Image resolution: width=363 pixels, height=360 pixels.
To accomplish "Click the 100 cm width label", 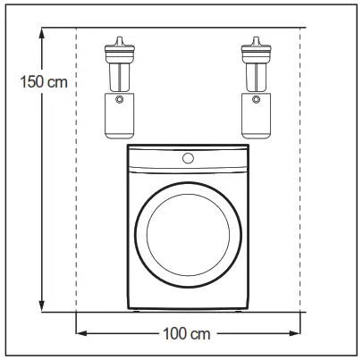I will [187, 335].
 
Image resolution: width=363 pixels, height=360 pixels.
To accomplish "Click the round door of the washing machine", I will [188, 235].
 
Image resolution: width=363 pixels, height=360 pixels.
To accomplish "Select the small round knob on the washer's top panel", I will [188, 158].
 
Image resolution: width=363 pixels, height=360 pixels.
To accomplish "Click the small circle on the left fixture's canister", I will [118, 99].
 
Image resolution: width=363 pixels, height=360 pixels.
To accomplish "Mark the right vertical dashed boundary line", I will [306, 179].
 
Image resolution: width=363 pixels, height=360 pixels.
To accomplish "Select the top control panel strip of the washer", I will [188, 158].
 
